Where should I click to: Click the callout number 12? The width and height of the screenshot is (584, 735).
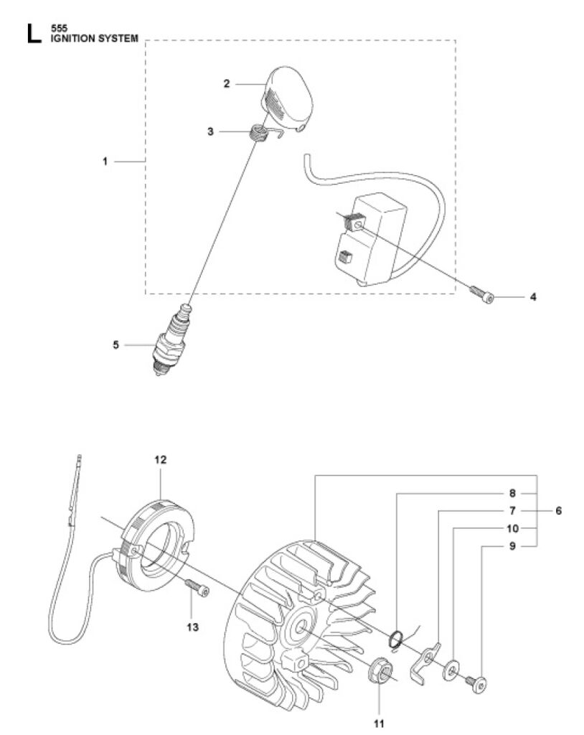pos(160,460)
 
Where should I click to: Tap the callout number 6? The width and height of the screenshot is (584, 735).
pos(558,510)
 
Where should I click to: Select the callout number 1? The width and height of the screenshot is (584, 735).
pos(105,161)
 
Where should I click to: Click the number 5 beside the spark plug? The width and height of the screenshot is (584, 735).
pos(116,345)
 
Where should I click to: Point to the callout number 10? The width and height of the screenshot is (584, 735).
pos(513,528)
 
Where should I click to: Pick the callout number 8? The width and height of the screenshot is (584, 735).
pos(512,493)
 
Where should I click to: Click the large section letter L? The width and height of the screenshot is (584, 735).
pos(34,34)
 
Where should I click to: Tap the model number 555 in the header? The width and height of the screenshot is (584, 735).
pos(59,29)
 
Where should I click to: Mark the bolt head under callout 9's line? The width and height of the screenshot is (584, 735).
pos(479,685)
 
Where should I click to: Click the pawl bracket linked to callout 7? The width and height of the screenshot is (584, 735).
pos(425,660)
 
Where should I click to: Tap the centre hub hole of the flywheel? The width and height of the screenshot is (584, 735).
pos(301,626)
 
